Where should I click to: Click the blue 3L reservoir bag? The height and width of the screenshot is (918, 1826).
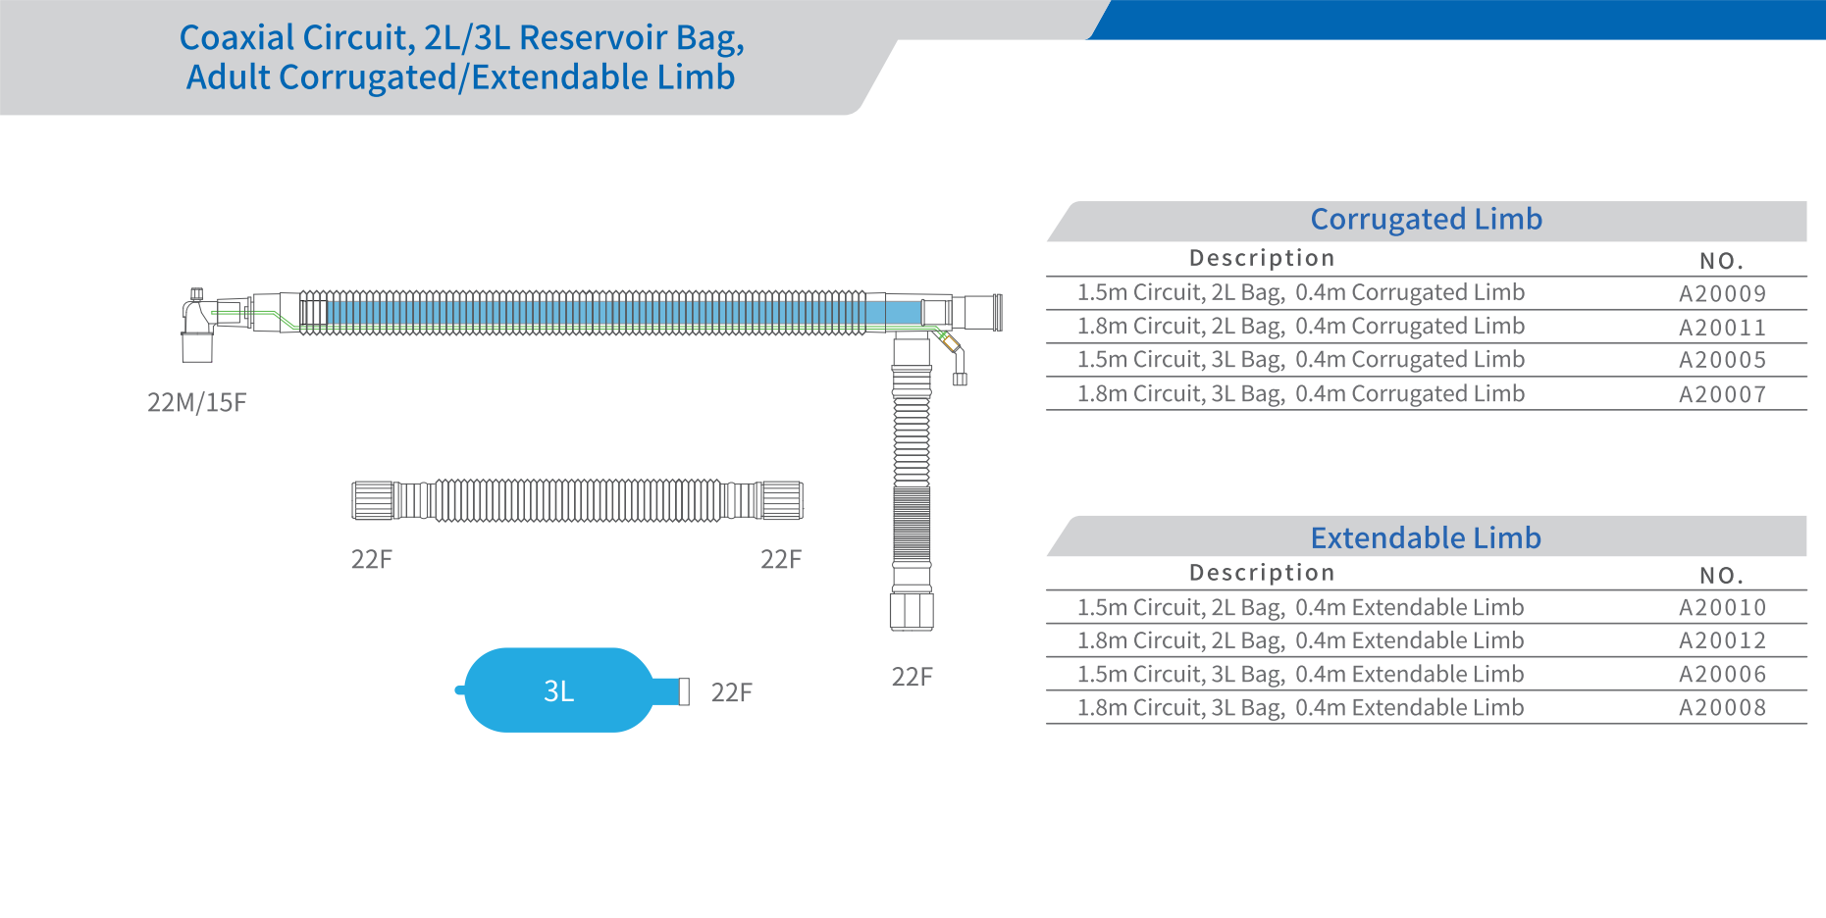point(557,689)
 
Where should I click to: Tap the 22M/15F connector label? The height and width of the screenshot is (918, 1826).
point(196,402)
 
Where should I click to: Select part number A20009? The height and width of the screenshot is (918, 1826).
point(1722,293)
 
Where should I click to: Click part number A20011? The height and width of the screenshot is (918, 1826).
point(1722,328)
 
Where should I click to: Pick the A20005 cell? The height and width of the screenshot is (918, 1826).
point(1722,360)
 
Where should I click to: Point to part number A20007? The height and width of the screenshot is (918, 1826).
point(1722,394)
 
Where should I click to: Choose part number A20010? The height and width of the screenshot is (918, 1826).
point(1722,608)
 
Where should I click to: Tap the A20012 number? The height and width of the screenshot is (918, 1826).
point(1722,641)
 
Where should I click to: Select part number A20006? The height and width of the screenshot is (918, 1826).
point(1722,675)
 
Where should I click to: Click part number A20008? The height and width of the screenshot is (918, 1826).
point(1722,708)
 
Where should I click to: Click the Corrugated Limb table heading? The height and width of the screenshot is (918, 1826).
point(1426,219)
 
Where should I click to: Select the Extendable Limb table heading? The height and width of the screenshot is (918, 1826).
point(1426,537)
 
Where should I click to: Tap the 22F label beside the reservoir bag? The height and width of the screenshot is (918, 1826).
point(731,692)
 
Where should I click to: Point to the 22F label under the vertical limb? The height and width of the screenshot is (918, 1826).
point(912,677)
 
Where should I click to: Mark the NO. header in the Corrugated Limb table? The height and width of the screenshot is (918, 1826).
point(1721,261)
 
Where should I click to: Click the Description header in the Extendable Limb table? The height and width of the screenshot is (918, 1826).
point(1262,573)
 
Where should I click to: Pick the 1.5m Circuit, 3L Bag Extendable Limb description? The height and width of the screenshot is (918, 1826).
point(1300,675)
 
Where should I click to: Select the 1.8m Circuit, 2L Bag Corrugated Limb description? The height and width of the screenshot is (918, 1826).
point(1300,327)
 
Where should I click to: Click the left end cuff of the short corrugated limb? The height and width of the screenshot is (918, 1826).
point(373,500)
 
